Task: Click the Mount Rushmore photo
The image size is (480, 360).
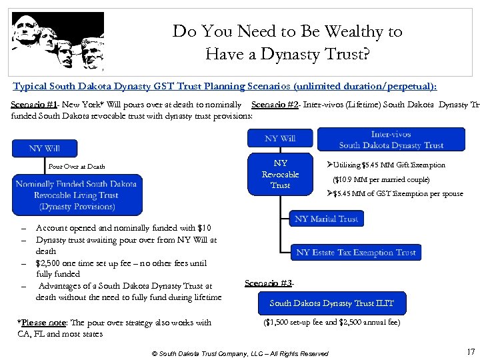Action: [58, 41]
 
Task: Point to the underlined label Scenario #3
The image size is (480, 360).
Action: [268, 283]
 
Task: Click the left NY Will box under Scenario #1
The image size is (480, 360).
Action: [45, 148]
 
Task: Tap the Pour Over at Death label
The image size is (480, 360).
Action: [77, 167]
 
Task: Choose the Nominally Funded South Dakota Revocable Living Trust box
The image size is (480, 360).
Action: [76, 195]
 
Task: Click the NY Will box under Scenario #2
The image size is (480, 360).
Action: [280, 138]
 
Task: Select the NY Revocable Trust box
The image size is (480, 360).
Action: [280, 174]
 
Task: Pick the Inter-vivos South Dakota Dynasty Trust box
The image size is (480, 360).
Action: [391, 139]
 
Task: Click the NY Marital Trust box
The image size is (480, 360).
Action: [326, 219]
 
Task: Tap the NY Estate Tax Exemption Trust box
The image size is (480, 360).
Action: [356, 253]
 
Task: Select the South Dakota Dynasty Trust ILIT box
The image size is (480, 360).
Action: [331, 303]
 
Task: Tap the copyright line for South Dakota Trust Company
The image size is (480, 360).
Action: [240, 353]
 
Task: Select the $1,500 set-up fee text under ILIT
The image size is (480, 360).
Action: [331, 323]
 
